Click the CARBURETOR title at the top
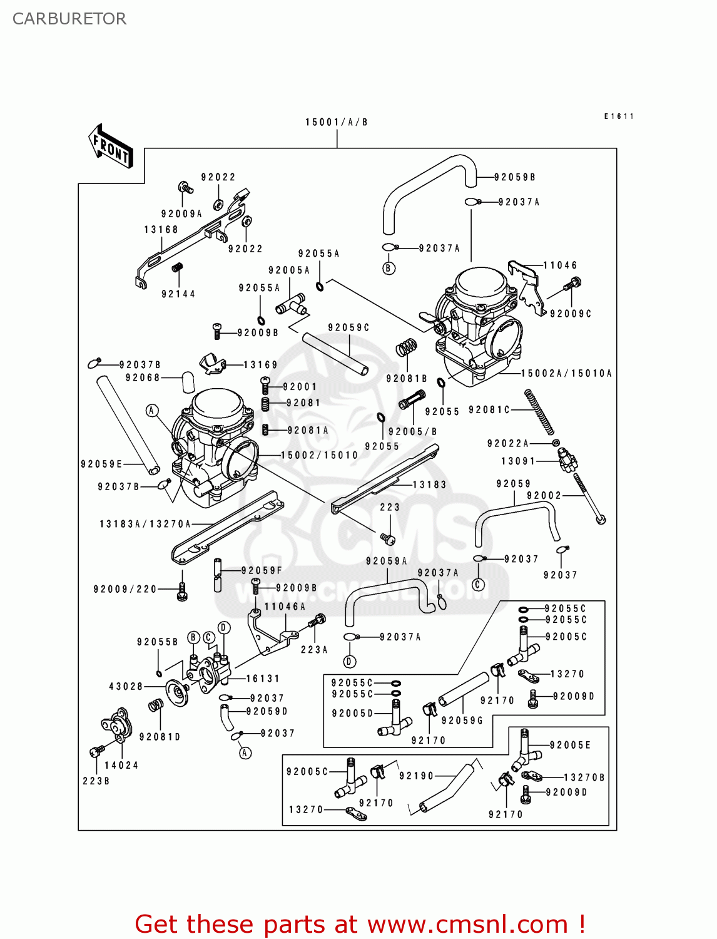point(69,19)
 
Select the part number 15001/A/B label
point(336,122)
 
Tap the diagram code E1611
point(619,116)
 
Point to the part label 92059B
point(514,177)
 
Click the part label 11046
point(560,265)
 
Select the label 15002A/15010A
point(566,373)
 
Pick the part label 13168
point(161,230)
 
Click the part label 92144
point(178,294)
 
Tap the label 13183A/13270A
point(145,524)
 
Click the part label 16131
point(263,679)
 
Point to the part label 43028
point(126,686)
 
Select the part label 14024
point(121,765)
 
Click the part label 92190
point(416,776)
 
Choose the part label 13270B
point(584,777)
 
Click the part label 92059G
point(462,721)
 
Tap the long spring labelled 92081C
point(540,411)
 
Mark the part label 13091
point(518,461)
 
